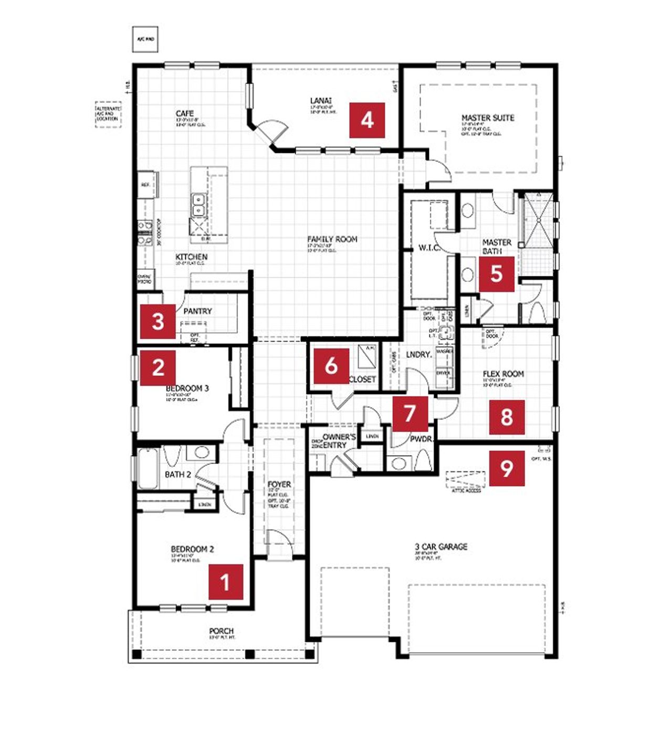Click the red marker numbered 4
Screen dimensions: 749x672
click(x=367, y=120)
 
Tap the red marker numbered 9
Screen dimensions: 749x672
click(x=507, y=468)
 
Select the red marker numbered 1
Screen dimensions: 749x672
click(x=226, y=582)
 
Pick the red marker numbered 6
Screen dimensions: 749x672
click(x=331, y=366)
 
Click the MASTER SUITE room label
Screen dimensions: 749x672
click(x=488, y=118)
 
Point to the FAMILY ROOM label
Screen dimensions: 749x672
click(x=332, y=239)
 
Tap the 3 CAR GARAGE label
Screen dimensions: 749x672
click(x=441, y=547)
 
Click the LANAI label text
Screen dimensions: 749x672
click(x=321, y=101)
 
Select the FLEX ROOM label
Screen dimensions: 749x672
click(x=503, y=374)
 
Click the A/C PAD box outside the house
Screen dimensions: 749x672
click(x=145, y=39)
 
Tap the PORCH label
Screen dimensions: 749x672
click(x=221, y=631)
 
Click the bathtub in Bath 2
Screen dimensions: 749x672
click(x=148, y=468)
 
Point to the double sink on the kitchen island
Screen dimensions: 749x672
click(x=198, y=205)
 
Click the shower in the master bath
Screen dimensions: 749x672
click(x=535, y=220)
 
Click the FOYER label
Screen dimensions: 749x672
click(x=279, y=484)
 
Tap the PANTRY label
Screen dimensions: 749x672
click(x=197, y=311)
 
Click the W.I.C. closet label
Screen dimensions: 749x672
click(x=429, y=248)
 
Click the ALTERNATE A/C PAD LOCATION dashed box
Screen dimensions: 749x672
click(x=108, y=114)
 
